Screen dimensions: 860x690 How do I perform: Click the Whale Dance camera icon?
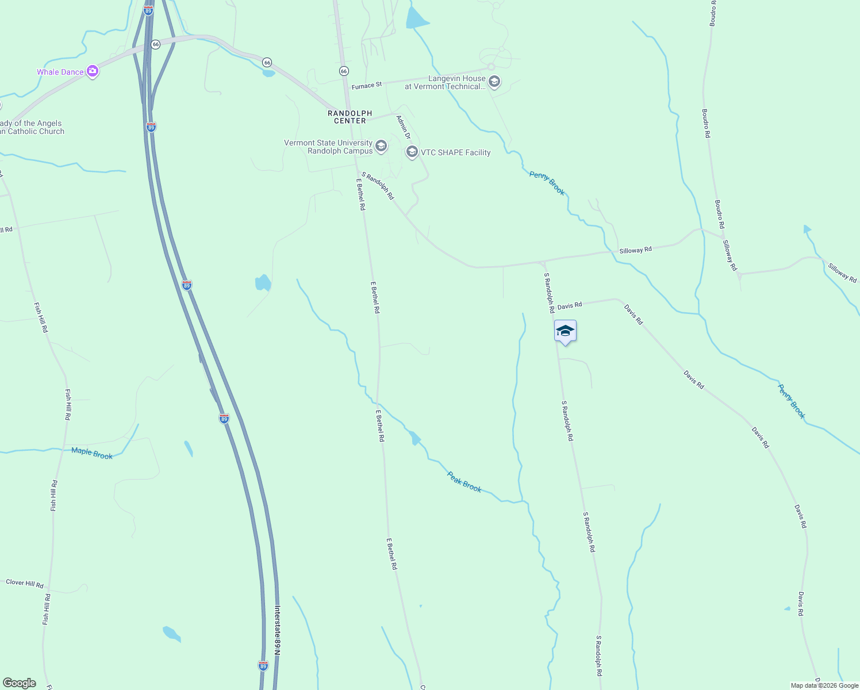tap(93, 72)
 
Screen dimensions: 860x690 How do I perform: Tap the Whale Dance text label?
tap(60, 72)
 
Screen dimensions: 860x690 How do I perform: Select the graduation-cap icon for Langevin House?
tap(494, 82)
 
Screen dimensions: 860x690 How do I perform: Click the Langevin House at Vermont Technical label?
tap(445, 83)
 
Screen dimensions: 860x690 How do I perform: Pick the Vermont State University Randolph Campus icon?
tap(381, 147)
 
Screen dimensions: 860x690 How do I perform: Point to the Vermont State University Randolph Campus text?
tap(328, 147)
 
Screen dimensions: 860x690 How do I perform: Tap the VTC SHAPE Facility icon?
tap(412, 152)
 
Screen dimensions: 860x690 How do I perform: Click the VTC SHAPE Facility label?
tap(456, 153)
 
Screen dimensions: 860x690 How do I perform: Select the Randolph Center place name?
tap(350, 117)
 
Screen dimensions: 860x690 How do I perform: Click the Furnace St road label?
tap(367, 86)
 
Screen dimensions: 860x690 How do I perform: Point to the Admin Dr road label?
tap(404, 127)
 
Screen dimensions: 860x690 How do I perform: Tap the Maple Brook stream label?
tap(92, 453)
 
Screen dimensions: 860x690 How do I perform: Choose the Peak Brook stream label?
tap(464, 482)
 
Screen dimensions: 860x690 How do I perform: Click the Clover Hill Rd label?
tap(25, 584)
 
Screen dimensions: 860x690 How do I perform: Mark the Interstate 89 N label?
tap(277, 630)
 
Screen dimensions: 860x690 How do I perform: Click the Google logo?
tap(20, 683)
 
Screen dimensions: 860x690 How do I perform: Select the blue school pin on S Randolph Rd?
tap(565, 331)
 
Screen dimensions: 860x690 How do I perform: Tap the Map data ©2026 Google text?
tap(824, 685)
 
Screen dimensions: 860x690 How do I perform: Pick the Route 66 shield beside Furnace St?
tap(344, 71)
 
